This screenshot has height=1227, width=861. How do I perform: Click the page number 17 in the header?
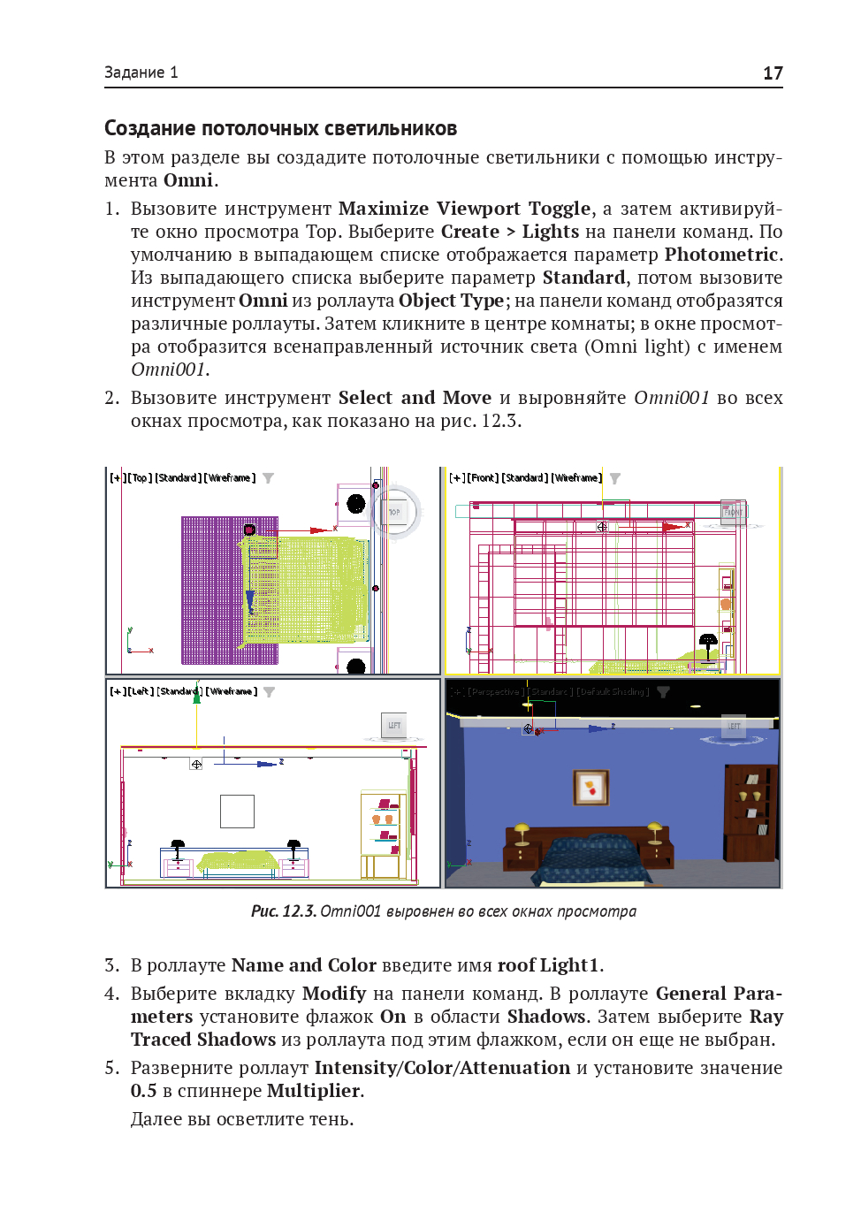tap(773, 73)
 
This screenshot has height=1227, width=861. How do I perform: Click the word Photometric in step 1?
tap(720, 255)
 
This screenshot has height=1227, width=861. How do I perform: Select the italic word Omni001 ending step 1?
tap(168, 370)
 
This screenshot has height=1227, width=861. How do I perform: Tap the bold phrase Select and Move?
tap(414, 398)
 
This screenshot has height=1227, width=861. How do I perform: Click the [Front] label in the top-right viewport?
tap(483, 478)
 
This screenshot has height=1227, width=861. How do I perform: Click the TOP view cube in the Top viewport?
tap(394, 512)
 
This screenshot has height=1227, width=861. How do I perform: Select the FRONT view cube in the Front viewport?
tap(733, 512)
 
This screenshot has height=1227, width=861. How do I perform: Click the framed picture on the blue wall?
tap(591, 786)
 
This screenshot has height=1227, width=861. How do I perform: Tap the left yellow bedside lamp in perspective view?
tap(522, 831)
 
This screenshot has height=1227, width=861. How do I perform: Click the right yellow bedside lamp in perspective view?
tap(655, 830)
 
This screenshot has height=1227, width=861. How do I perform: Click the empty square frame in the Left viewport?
tap(237, 811)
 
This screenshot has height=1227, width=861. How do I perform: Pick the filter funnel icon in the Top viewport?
tap(268, 478)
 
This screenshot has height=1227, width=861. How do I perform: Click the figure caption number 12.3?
tap(299, 911)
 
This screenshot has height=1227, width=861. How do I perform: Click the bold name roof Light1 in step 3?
tap(548, 965)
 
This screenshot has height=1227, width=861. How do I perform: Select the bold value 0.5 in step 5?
tap(143, 1091)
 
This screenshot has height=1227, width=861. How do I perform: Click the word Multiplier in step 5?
tap(313, 1091)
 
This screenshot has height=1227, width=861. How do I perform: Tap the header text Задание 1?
tap(141, 72)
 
